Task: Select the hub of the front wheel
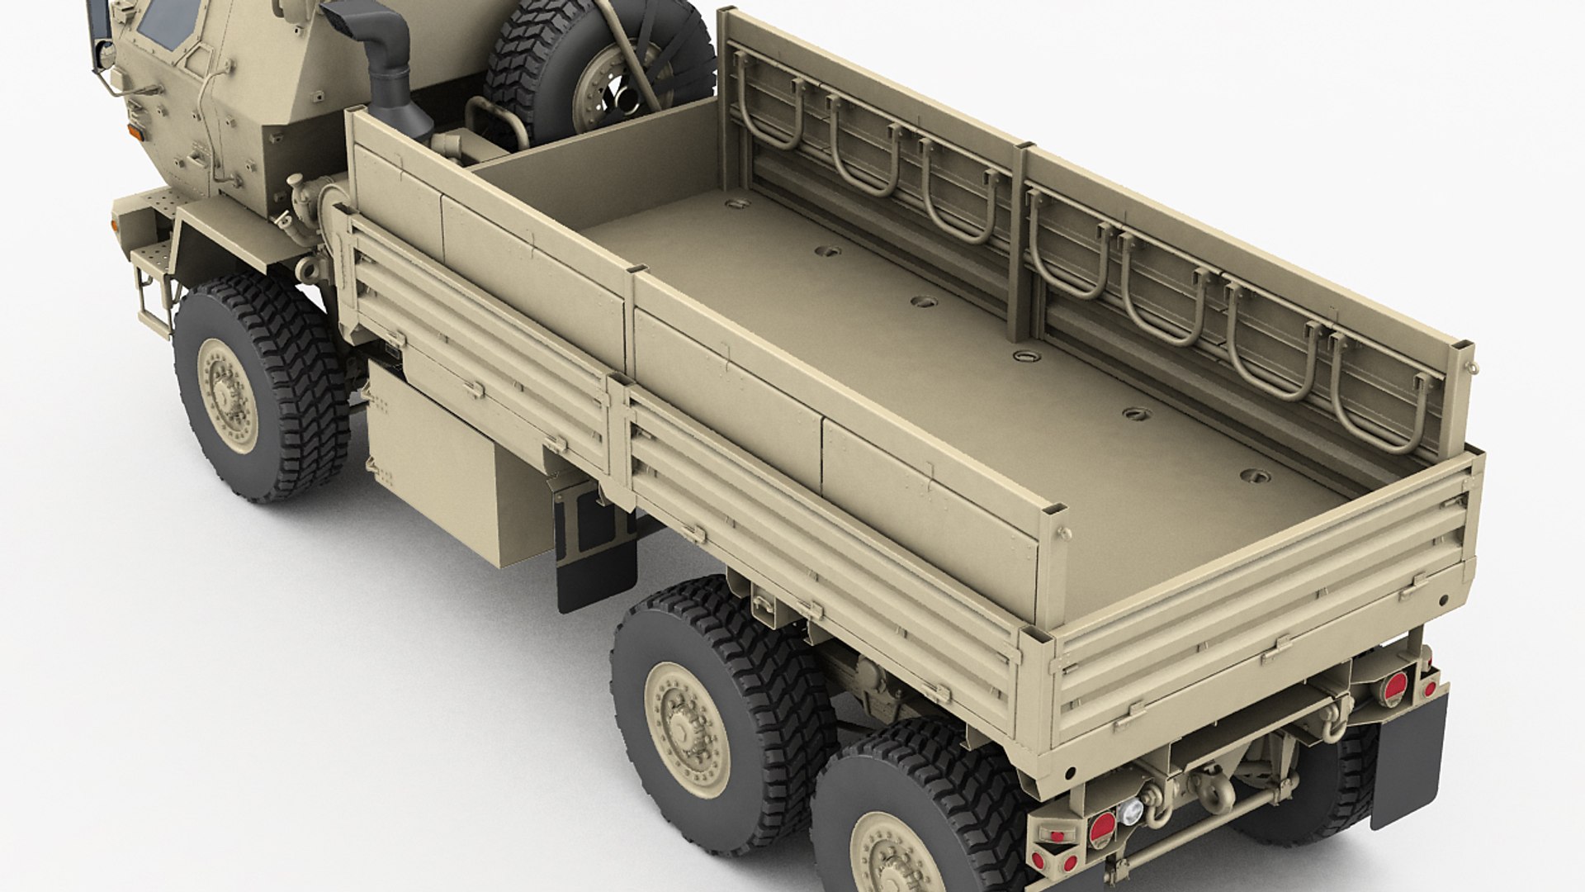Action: point(226,396)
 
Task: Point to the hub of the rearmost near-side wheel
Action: point(896,859)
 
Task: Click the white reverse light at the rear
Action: point(1129,811)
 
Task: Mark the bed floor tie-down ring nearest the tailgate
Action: point(1256,477)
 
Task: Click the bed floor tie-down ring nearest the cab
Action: point(736,203)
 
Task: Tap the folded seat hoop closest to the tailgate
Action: point(1379,396)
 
